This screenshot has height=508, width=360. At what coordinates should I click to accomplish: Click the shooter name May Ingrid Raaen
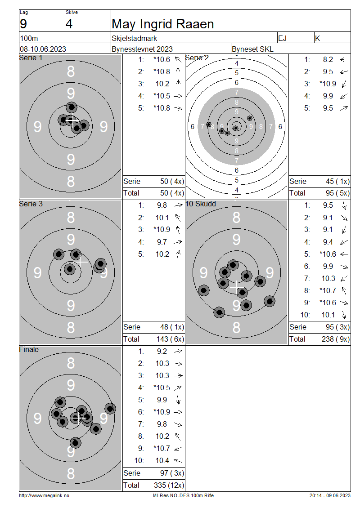tap(163, 24)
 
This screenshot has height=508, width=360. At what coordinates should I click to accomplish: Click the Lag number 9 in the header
tap(23, 24)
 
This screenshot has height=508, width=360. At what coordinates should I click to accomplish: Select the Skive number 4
tap(69, 24)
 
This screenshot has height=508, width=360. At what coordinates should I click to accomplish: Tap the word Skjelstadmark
tap(134, 38)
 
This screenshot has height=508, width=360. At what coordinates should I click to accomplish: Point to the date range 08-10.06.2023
tap(43, 49)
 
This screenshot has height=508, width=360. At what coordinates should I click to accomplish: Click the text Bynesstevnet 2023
tap(142, 49)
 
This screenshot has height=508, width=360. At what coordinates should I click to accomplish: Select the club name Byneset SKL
tap(252, 49)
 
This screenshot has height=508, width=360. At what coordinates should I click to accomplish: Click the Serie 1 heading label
tap(31, 58)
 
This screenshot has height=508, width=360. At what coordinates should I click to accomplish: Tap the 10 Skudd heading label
tap(200, 204)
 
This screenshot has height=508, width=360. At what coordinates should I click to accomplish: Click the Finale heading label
tap(29, 349)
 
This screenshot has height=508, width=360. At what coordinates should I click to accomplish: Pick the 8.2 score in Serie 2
tap(328, 60)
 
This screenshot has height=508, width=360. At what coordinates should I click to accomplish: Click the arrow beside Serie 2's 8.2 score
tap(344, 60)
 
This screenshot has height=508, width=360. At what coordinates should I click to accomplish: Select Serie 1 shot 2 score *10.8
tap(162, 71)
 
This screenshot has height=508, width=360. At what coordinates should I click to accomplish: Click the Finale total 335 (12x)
tap(169, 485)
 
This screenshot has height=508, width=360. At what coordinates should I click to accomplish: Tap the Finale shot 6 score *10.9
tap(162, 412)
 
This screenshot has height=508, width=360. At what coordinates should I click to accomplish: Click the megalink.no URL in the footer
tap(44, 495)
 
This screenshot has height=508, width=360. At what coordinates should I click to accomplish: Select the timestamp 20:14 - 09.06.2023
tap(330, 495)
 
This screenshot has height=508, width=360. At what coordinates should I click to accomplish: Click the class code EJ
tap(282, 38)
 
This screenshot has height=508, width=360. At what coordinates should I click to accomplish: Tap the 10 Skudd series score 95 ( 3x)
tap(337, 327)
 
